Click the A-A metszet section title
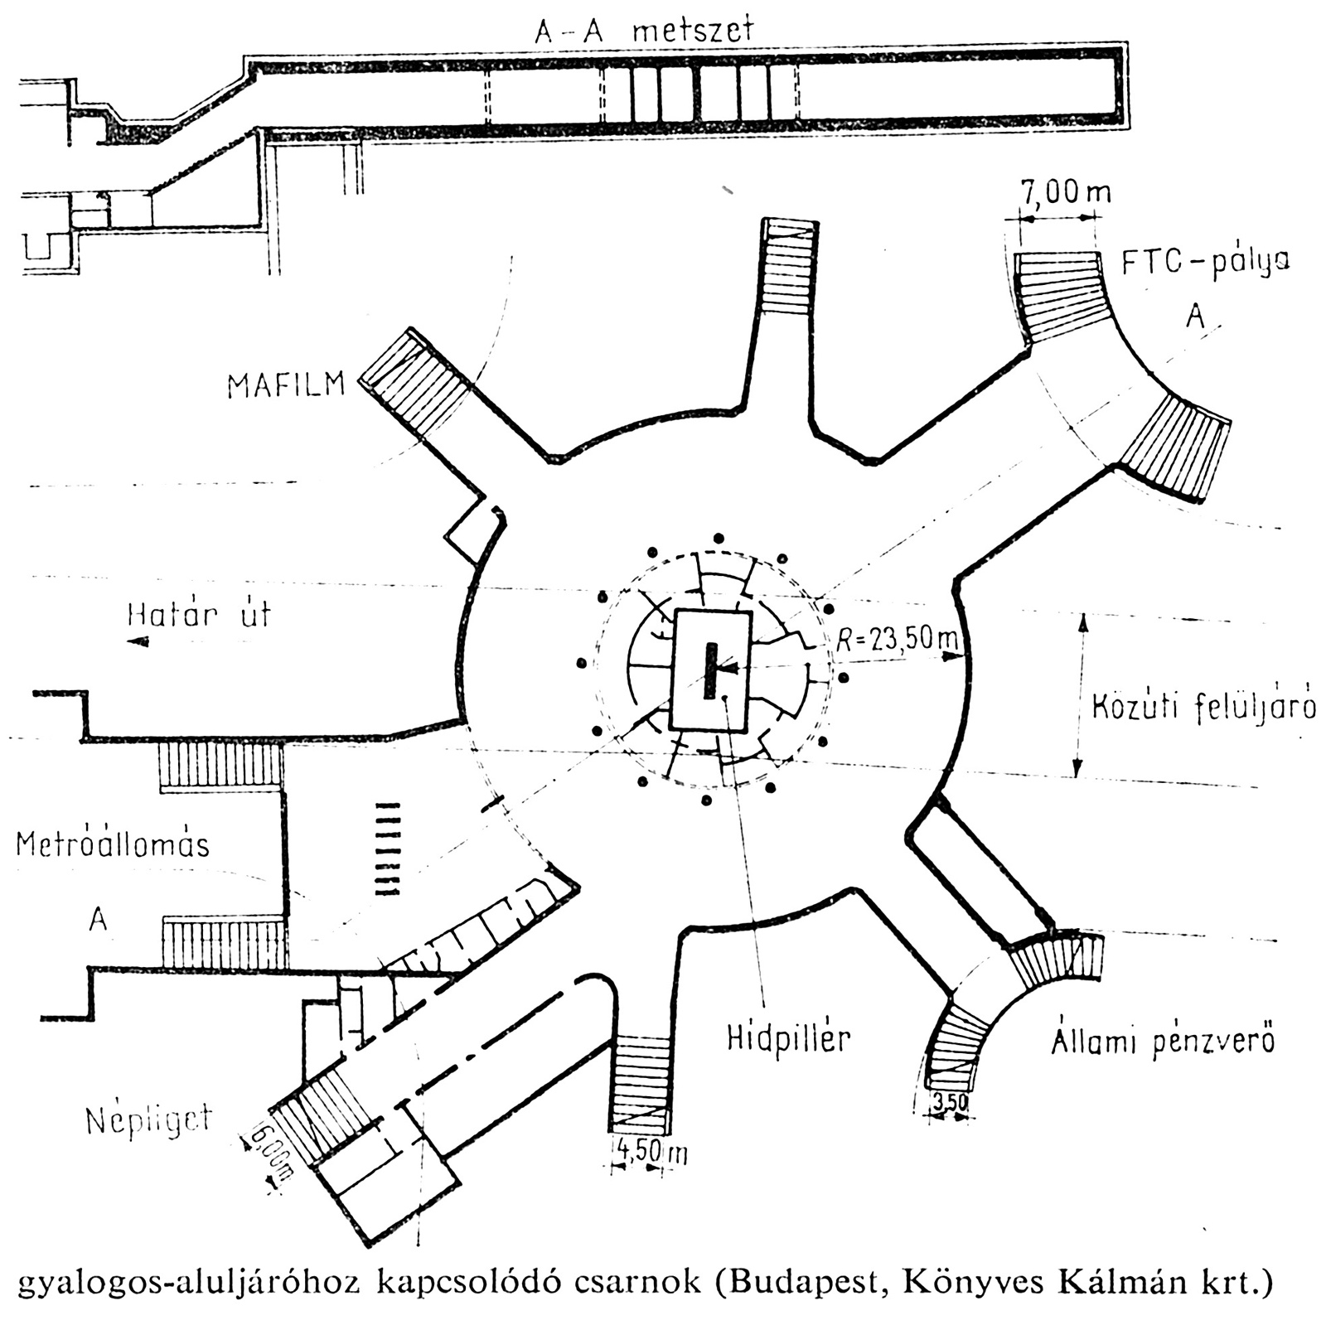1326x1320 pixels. tap(645, 31)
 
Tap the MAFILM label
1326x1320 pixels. tap(286, 385)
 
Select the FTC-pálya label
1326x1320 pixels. tap(1205, 263)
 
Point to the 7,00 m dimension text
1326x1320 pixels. tap(1064, 193)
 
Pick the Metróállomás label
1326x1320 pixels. tap(113, 844)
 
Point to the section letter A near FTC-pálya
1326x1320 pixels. tap(1194, 316)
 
